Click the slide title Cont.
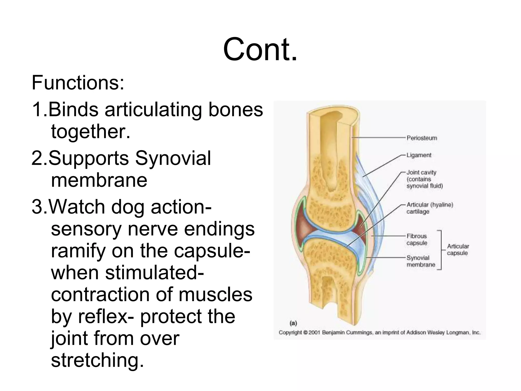[260, 49]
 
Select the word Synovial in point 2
[173, 158]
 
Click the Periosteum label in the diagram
[422, 138]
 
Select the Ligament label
[419, 155]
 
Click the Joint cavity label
[421, 172]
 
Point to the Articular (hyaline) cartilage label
[430, 208]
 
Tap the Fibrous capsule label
[417, 239]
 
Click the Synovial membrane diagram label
[421, 261]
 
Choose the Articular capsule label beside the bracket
[458, 249]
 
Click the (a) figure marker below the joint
[293, 323]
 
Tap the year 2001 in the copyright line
[314, 332]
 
